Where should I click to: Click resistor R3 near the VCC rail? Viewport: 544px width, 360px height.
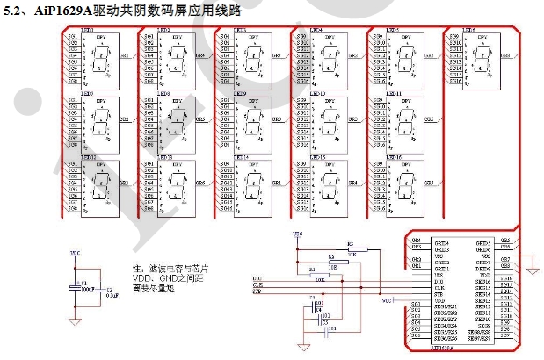pos(352,249)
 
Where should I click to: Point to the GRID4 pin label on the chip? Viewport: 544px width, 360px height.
pos(442,242)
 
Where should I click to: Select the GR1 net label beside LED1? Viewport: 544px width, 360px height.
pos(123,54)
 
